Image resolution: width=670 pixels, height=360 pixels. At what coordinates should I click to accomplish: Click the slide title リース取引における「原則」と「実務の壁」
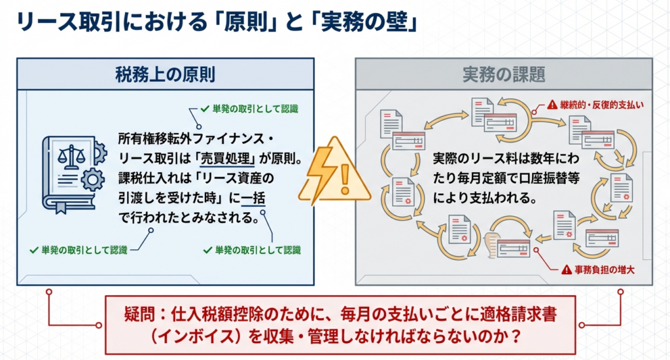tap(217, 22)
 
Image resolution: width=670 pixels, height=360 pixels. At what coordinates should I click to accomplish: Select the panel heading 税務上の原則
tap(165, 75)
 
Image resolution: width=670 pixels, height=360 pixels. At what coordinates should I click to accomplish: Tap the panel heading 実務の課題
tap(504, 75)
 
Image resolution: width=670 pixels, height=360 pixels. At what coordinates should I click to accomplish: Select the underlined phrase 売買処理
tap(227, 158)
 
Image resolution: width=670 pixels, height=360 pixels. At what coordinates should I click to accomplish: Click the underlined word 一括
tap(253, 198)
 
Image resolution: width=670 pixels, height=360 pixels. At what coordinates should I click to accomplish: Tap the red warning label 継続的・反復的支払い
tap(602, 105)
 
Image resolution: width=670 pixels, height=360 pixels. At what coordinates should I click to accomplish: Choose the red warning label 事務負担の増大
tap(604, 270)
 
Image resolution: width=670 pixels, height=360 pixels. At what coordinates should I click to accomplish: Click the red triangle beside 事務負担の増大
tap(567, 270)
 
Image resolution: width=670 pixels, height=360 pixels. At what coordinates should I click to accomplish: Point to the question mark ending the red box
tap(516, 336)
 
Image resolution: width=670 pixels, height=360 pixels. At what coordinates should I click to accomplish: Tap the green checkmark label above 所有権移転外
tap(249, 109)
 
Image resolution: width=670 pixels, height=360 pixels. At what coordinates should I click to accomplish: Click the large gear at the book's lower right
tap(92, 179)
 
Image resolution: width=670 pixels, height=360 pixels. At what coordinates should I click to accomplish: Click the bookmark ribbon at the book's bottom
tap(61, 207)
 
